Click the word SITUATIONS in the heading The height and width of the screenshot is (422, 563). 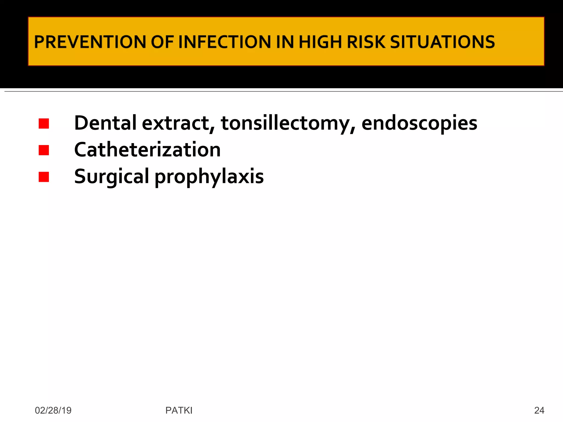click(442, 42)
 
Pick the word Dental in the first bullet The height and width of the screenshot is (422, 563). click(105, 123)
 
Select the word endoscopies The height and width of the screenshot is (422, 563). click(419, 123)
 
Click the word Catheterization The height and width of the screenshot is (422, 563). click(147, 150)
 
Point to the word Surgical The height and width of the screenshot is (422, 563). click(111, 176)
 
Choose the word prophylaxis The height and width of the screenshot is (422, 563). click(209, 176)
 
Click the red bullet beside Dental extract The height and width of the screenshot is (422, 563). click(44, 124)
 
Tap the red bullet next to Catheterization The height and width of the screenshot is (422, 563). click(44, 150)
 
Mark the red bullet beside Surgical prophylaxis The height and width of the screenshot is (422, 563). click(44, 177)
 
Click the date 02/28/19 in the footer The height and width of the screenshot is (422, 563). click(53, 410)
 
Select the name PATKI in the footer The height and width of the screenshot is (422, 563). click(179, 410)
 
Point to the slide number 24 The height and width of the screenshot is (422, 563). click(539, 410)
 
